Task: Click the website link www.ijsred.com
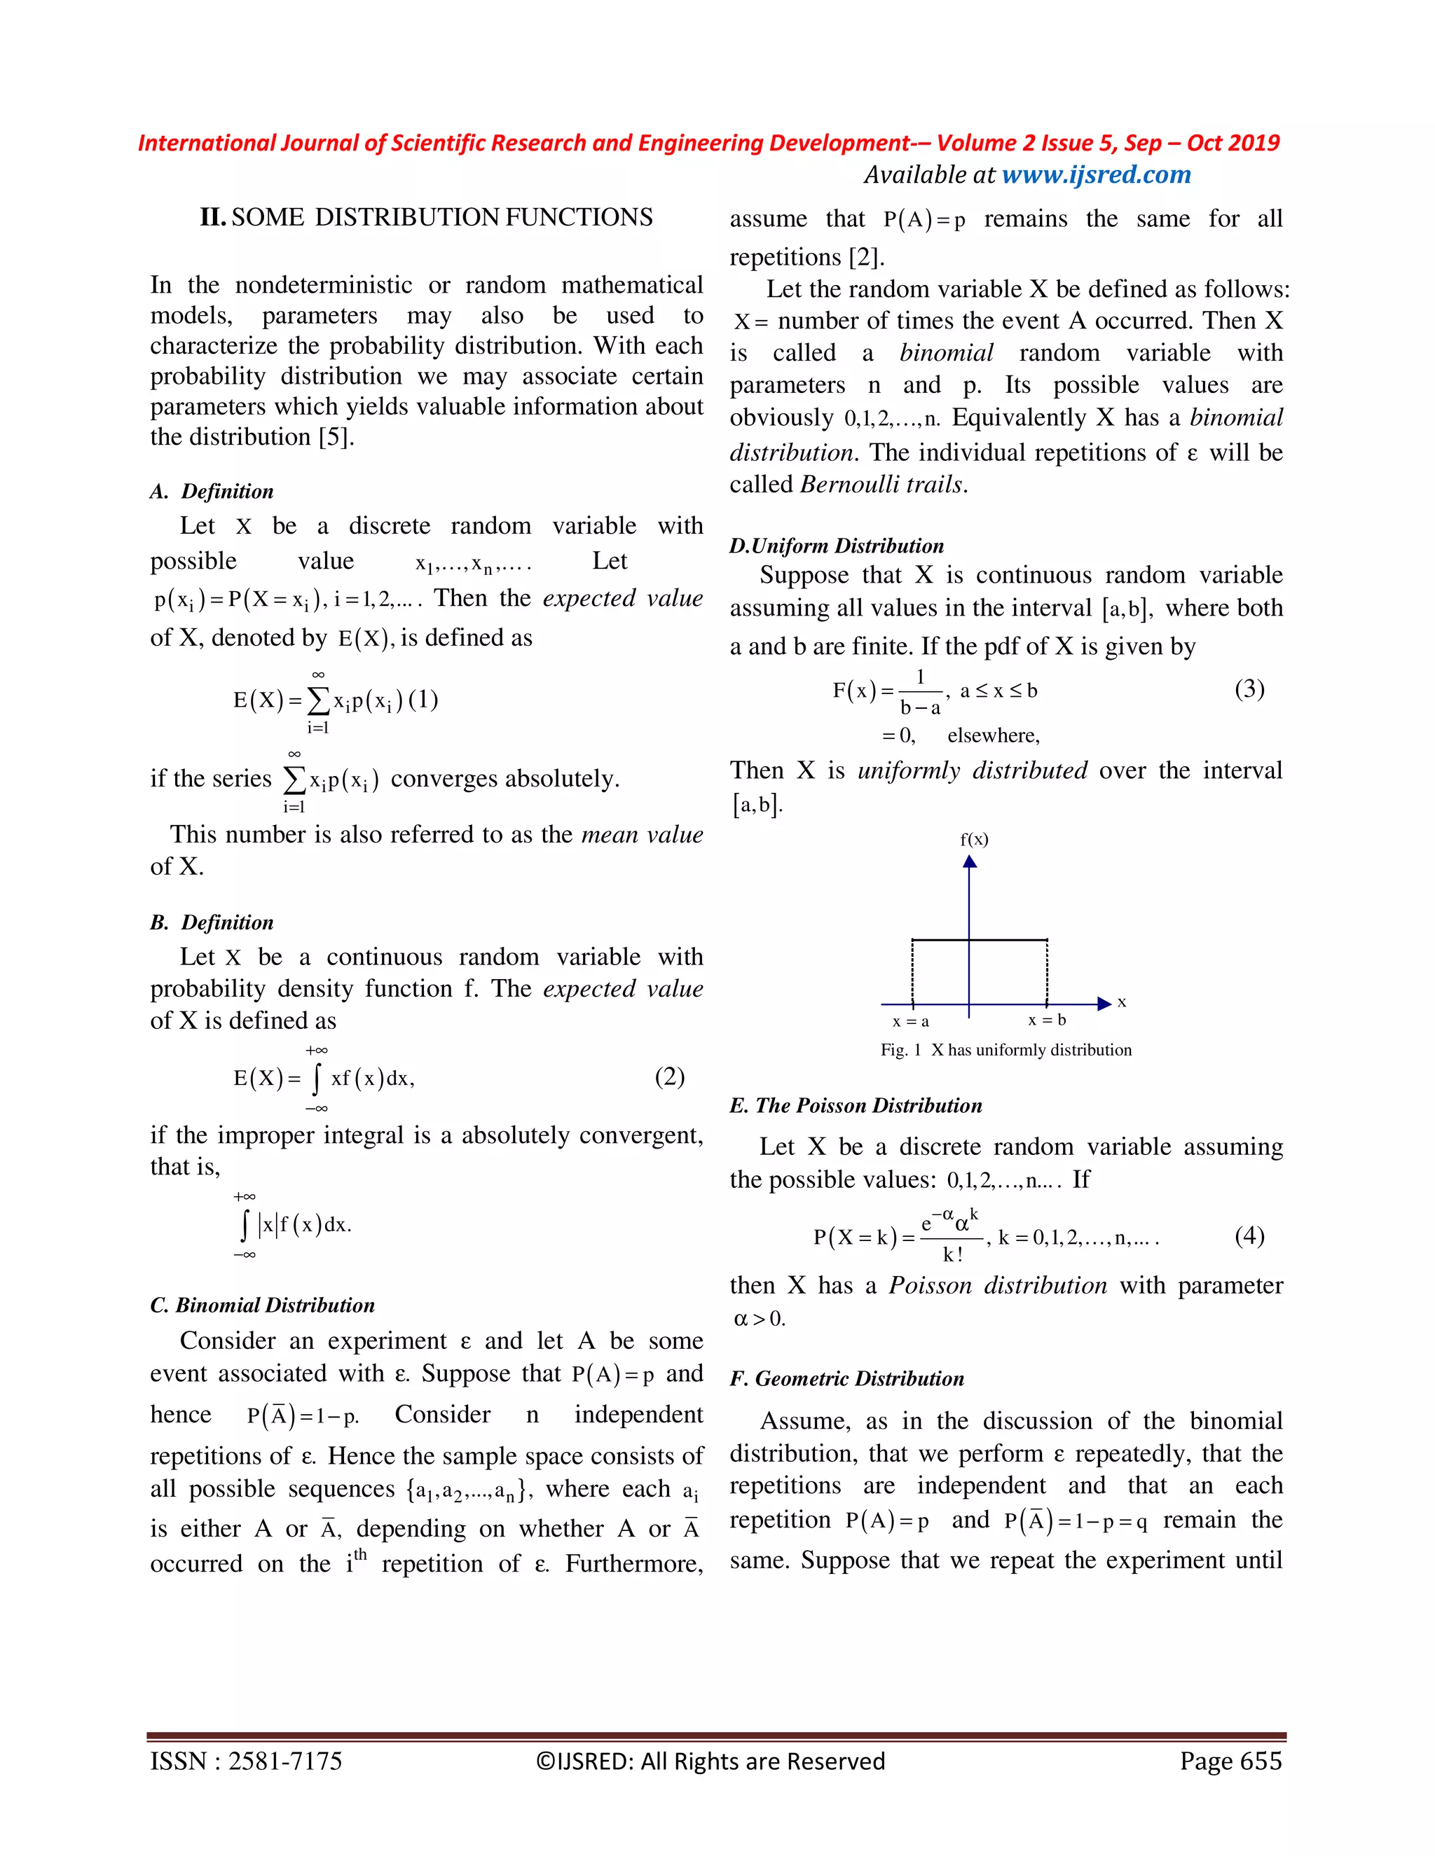click(1096, 175)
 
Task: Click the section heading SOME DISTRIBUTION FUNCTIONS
click(442, 218)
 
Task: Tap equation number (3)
click(1249, 688)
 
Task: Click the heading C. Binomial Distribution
click(262, 1306)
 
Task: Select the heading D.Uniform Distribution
click(837, 546)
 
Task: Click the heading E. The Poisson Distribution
click(856, 1106)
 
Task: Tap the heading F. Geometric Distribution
click(846, 1378)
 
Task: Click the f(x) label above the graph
click(974, 840)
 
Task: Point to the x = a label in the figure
click(910, 1021)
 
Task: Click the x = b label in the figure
click(1047, 1020)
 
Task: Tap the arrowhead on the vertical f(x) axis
click(970, 861)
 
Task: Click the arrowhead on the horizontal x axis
click(1104, 1004)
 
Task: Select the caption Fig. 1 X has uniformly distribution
click(1005, 1051)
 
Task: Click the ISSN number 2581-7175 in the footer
click(284, 1761)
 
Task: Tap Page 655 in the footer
click(1230, 1761)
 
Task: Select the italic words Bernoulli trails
click(884, 485)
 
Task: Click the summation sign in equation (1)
click(317, 701)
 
